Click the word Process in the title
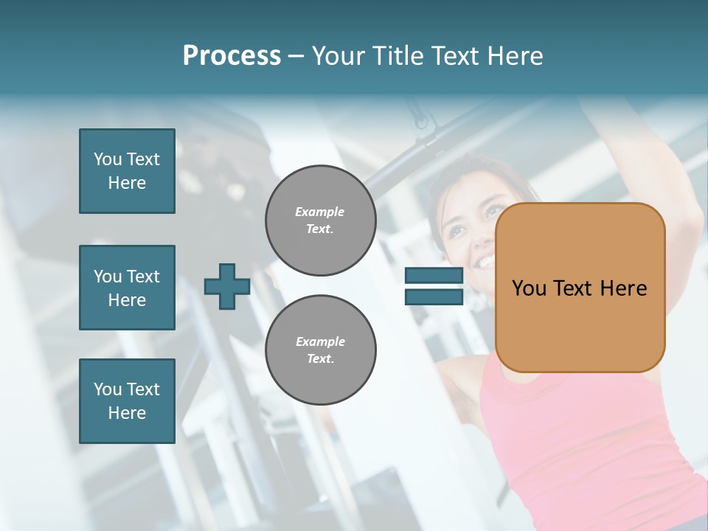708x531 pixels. tap(232, 56)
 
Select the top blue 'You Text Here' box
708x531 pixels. tap(127, 171)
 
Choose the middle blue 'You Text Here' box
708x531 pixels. tap(127, 288)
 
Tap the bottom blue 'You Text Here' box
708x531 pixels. tap(127, 401)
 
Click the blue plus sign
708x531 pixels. tap(226, 287)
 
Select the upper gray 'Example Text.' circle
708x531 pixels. tap(320, 220)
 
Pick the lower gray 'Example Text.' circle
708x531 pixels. tap(320, 350)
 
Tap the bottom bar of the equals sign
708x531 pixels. tap(434, 296)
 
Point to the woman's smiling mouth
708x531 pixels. tap(485, 261)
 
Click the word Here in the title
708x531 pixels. tap(514, 56)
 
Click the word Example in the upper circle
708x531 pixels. tap(319, 212)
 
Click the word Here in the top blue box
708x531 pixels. tap(127, 183)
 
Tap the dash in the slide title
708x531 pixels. tap(296, 56)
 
